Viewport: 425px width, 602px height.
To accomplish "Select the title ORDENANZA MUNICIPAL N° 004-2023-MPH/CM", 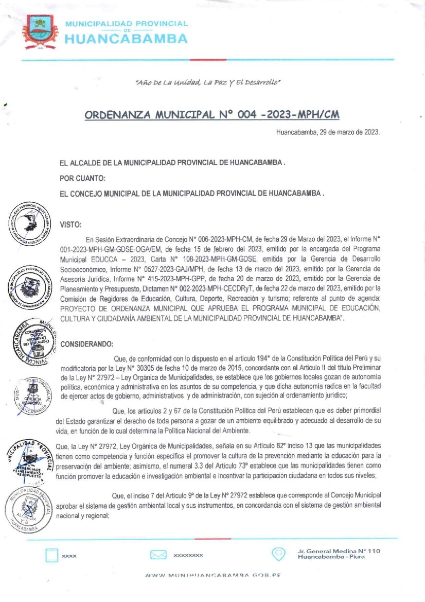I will [x=212, y=114].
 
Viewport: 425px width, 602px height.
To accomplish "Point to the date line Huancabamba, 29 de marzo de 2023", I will [x=328, y=132].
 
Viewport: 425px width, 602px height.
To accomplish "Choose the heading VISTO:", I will [x=71, y=225].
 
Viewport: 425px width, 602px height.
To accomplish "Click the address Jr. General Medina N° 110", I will [x=339, y=552].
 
